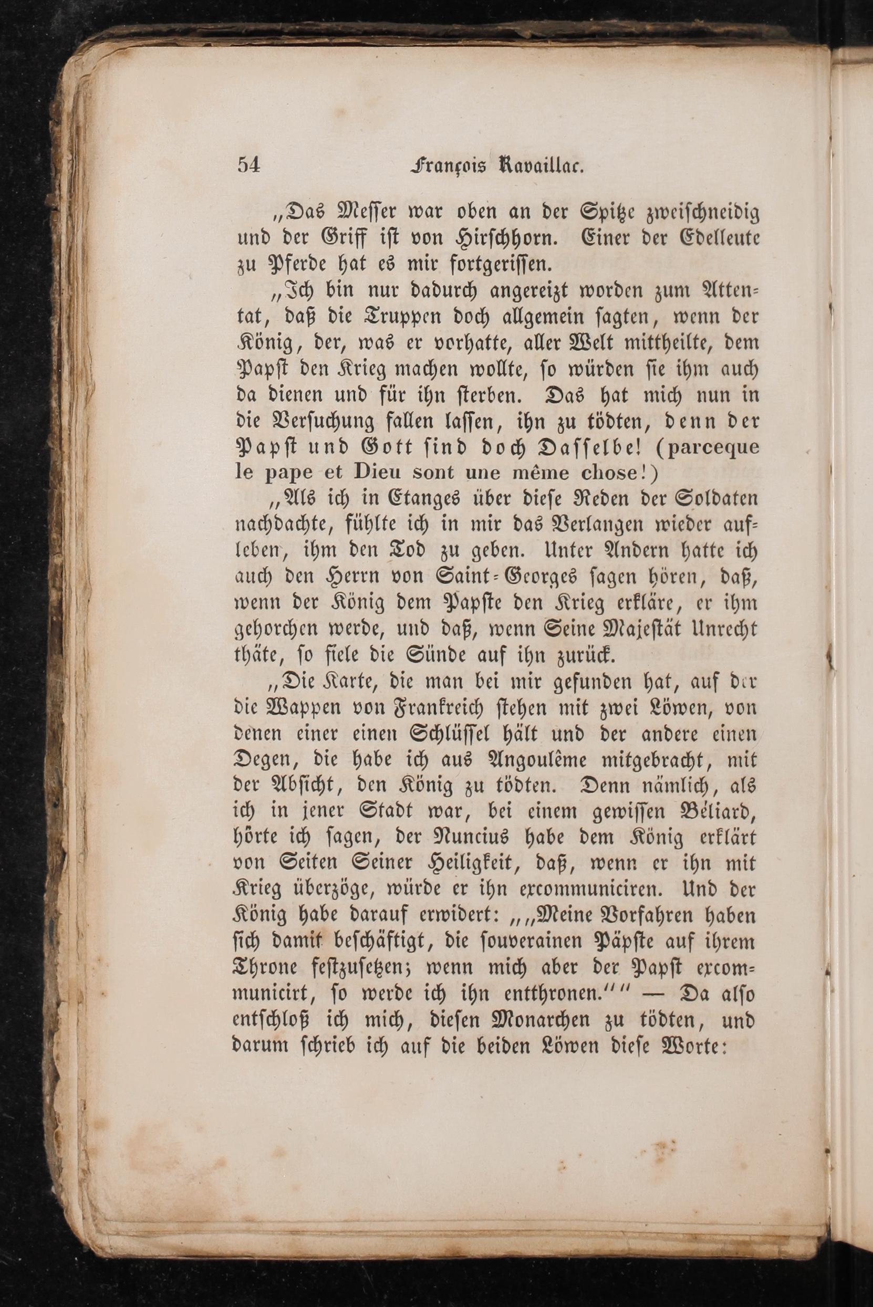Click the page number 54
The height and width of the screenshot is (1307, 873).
248,165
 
